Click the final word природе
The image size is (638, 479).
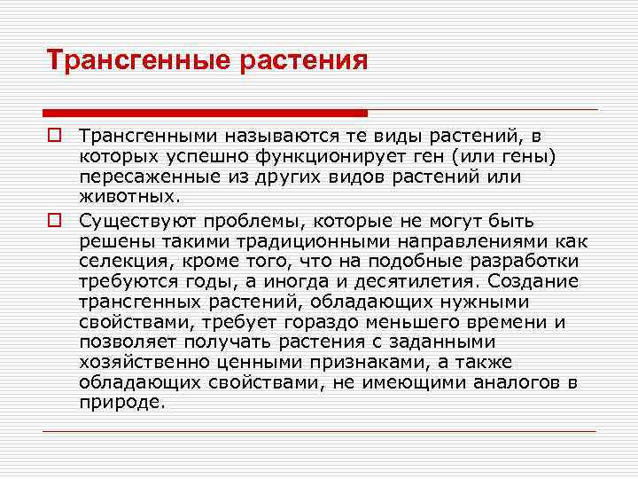121,404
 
